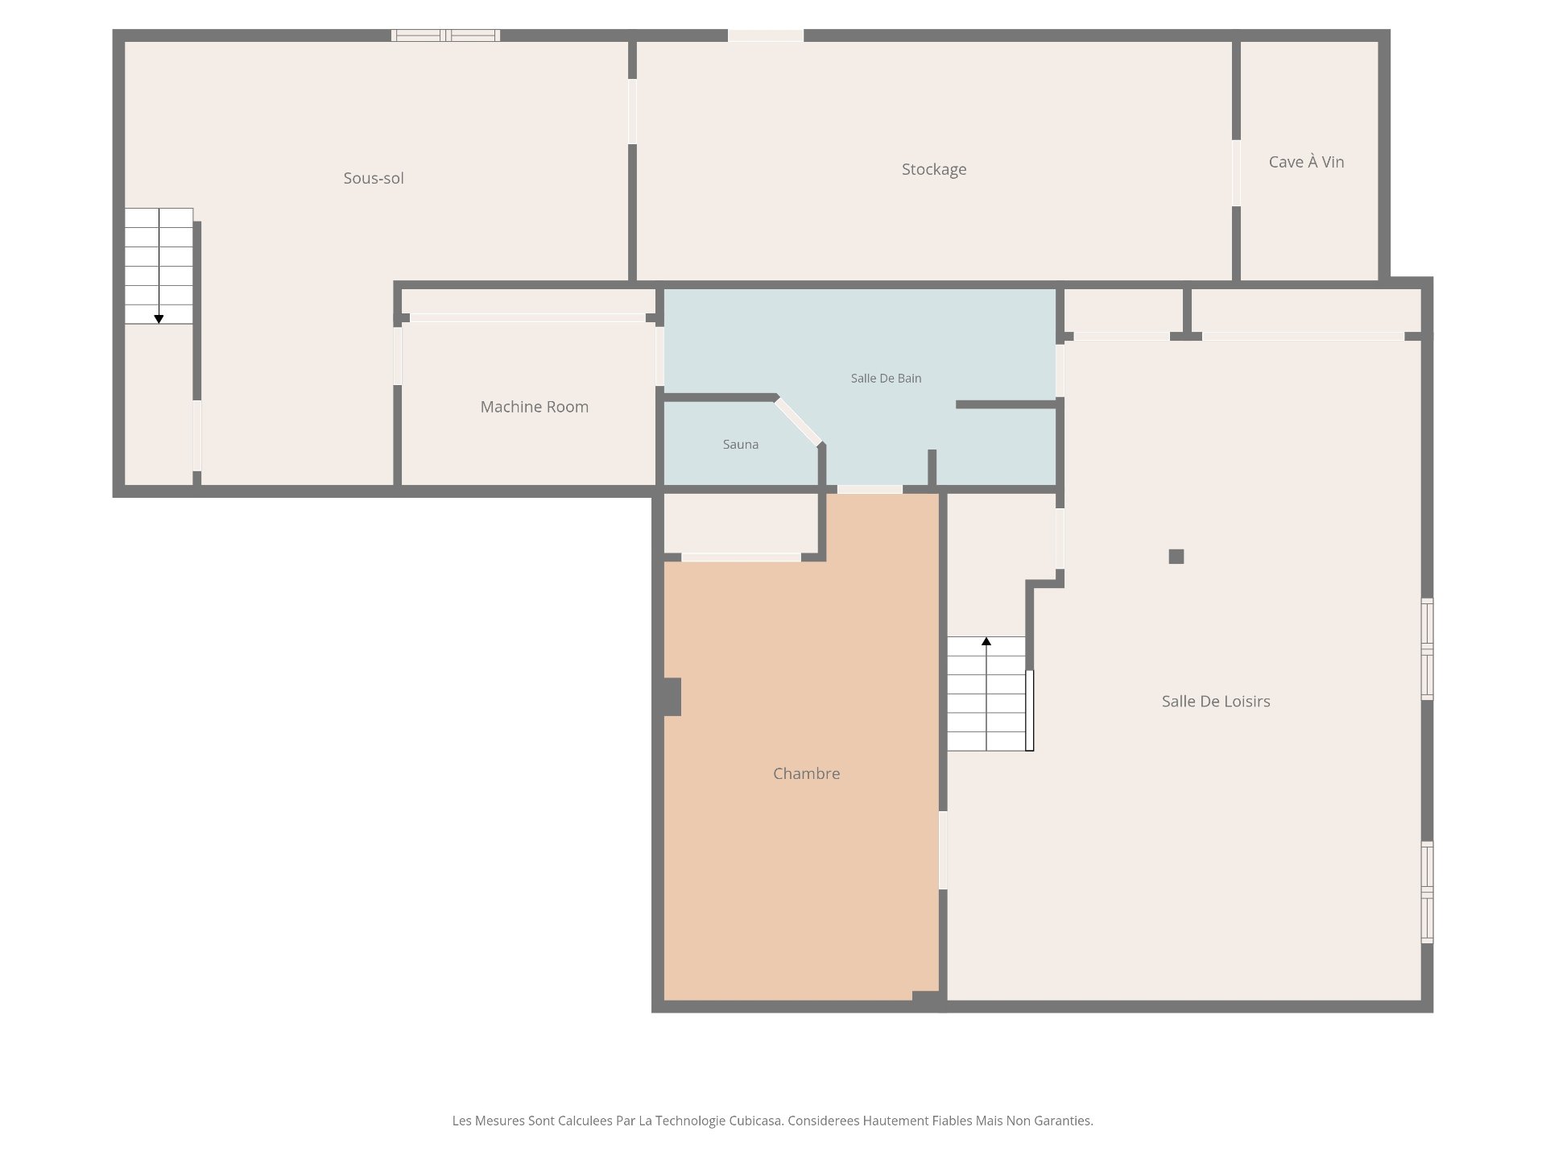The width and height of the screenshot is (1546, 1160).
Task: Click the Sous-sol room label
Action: (374, 178)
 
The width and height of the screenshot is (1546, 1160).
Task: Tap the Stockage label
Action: (934, 169)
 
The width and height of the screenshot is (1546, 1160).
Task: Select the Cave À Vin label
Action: (1306, 162)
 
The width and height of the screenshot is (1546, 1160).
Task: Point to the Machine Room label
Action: (535, 407)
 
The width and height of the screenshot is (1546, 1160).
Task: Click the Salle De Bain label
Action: (886, 378)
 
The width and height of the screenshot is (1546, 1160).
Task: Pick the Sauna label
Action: (740, 444)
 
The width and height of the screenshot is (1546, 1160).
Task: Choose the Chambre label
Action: (806, 773)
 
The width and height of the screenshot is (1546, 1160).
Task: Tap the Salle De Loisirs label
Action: (1216, 701)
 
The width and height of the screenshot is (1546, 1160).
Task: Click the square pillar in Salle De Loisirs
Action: (1176, 557)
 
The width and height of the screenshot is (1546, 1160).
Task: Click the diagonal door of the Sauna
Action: (798, 421)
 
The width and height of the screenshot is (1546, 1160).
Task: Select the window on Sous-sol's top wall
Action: (445, 35)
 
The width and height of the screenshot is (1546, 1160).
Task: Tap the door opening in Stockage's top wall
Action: (766, 35)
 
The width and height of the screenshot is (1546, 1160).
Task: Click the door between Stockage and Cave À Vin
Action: (1236, 173)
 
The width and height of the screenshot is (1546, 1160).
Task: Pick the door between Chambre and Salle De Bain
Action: (870, 489)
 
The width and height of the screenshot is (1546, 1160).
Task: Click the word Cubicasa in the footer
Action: (754, 1121)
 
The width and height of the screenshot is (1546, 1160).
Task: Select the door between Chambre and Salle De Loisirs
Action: (943, 851)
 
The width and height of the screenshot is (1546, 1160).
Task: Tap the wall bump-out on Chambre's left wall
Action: (672, 697)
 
